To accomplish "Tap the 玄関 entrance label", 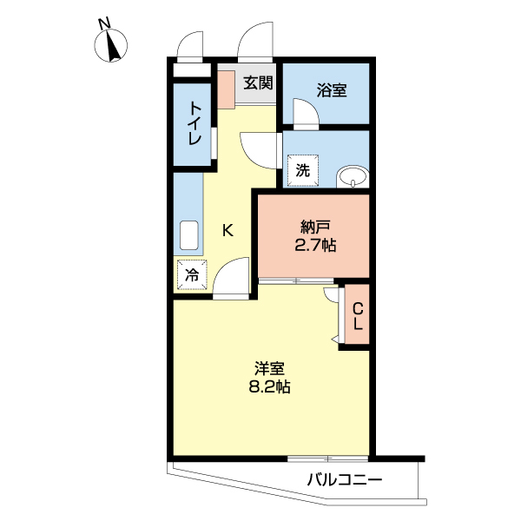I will pos(258,83).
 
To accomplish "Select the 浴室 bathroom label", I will pos(331,89).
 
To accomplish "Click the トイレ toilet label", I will pos(195,124).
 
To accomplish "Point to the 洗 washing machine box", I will pos(302,170).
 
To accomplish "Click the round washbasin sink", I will pos(353,178).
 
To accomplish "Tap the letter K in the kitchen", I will pos(228,230).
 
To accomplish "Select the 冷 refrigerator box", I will pos(191,275).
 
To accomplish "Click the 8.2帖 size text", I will pos(269,388).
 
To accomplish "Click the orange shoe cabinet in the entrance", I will pos(226,88).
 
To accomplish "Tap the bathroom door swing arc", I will pos(306,113).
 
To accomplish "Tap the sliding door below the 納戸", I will pos(296,280).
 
